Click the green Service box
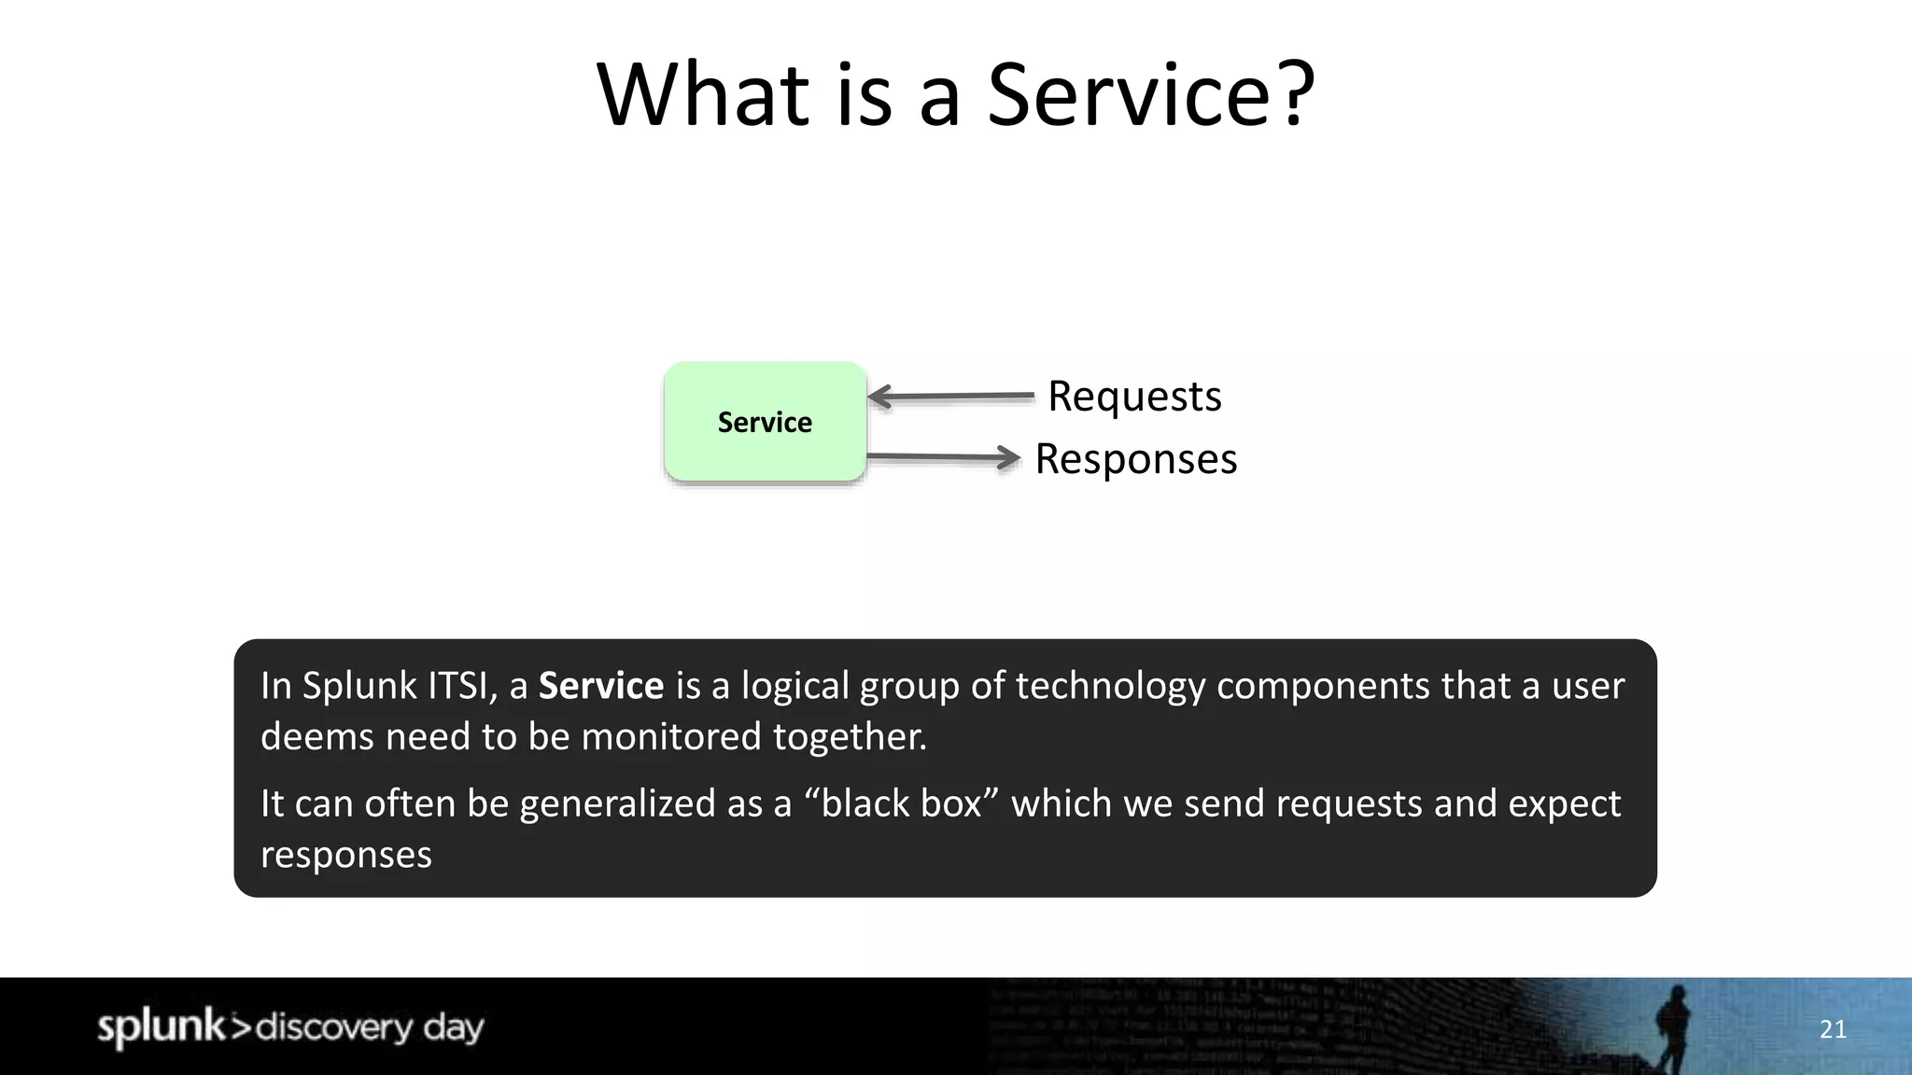pos(765,422)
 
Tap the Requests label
pos(1134,396)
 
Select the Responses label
pos(1135,459)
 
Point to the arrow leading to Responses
pos(943,457)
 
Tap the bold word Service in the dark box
pos(600,686)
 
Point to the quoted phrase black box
pos(901,803)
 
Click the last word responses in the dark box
pos(345,855)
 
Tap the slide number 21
pos(1833,1029)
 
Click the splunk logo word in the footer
pos(161,1026)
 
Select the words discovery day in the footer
pos(369,1027)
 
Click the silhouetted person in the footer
pos(1672,1026)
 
